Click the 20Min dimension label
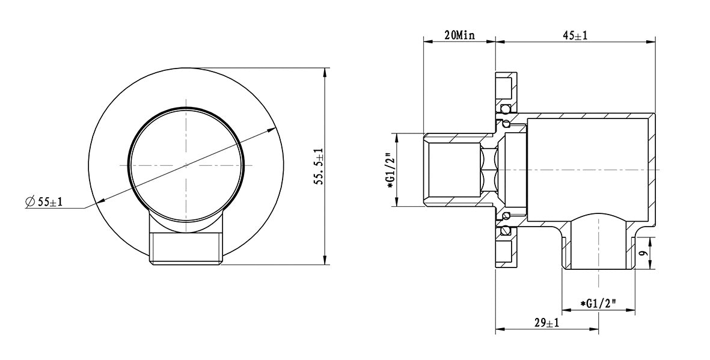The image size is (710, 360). click(459, 35)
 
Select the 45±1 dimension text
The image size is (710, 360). click(575, 35)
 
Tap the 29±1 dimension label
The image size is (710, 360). click(547, 323)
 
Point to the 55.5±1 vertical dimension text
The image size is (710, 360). click(320, 166)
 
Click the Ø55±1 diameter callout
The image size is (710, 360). click(44, 202)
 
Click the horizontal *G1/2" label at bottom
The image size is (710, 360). click(599, 304)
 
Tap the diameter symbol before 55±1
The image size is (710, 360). click(30, 202)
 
